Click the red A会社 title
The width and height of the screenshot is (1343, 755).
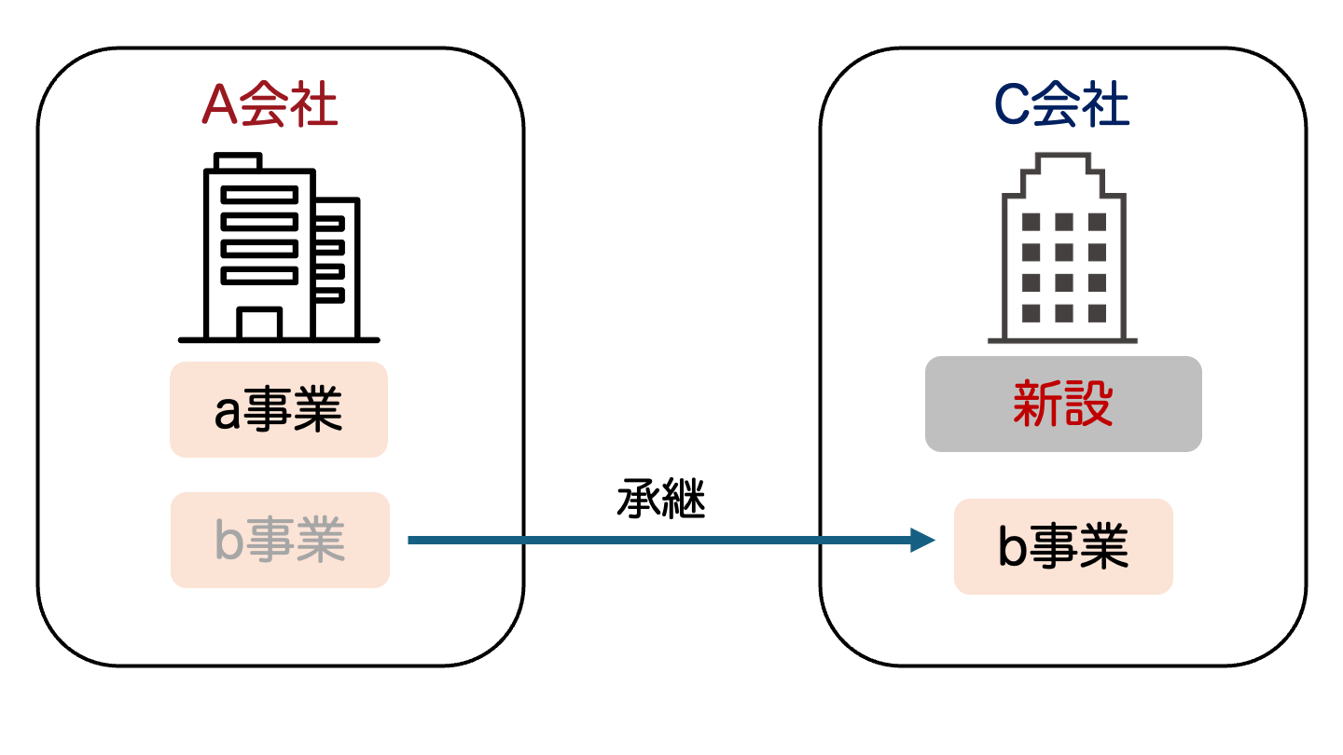coord(270,106)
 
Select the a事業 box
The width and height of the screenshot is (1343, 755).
coord(278,410)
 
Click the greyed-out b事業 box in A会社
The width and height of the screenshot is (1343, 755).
coord(280,541)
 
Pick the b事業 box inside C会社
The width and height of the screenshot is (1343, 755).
coord(1063,547)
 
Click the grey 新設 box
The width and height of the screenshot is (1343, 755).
coord(1063,405)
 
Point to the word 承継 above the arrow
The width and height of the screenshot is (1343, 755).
coord(660,501)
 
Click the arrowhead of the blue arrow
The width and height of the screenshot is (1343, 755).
coord(923,540)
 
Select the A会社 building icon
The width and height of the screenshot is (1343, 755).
coord(279,248)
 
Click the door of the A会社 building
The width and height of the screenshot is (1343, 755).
coord(258,323)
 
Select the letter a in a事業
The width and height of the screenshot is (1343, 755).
coord(227,413)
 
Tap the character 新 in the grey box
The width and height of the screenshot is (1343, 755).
coord(1037,405)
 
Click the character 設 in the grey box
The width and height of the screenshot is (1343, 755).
coord(1088,405)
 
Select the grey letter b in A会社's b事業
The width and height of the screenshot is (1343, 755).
coord(228,541)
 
